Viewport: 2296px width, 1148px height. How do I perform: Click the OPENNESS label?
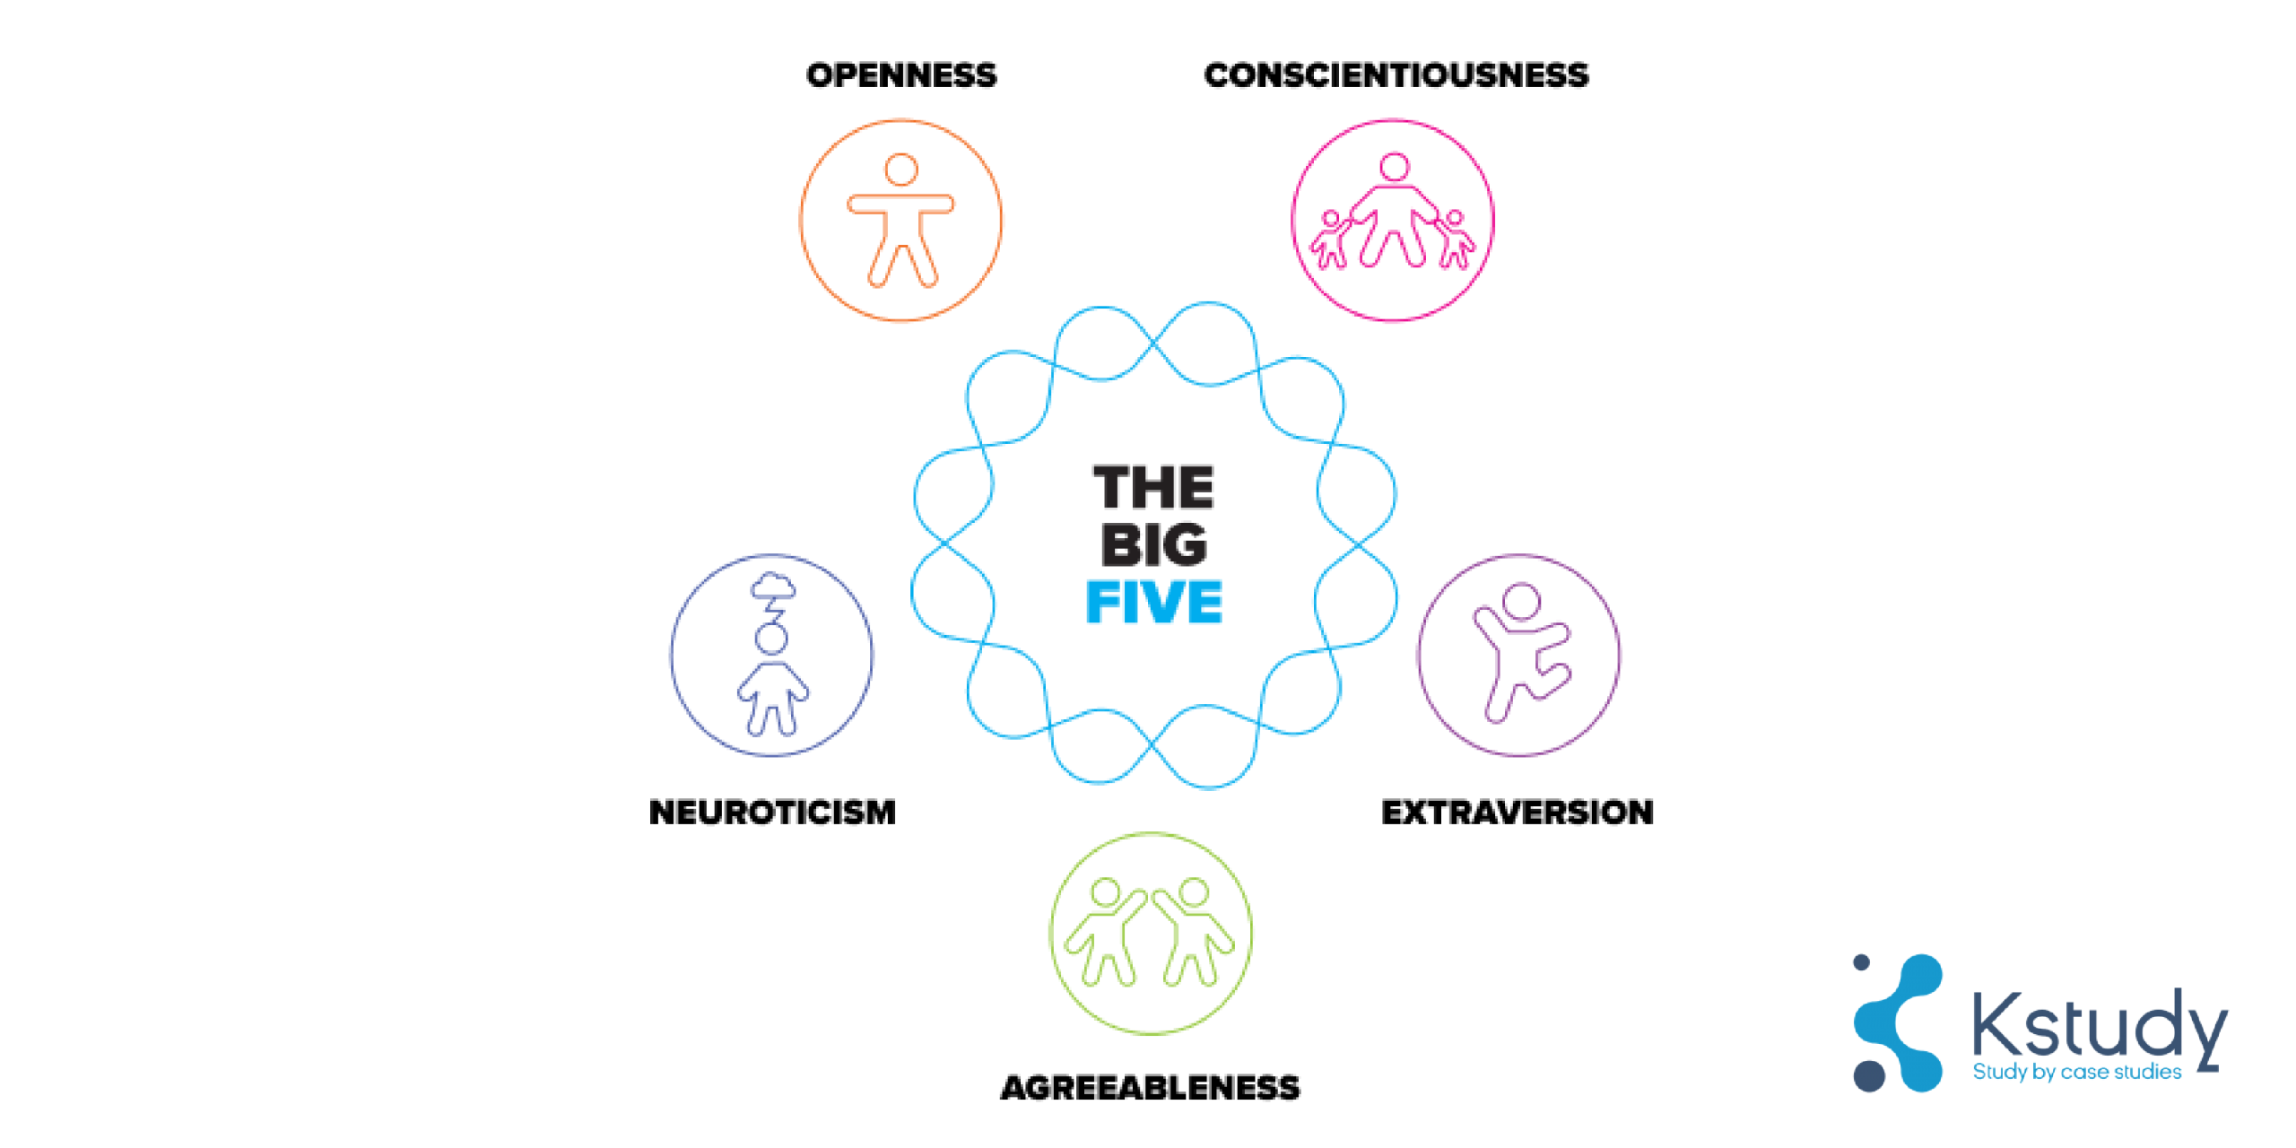point(900,75)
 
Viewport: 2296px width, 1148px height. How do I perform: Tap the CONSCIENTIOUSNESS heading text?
point(1396,75)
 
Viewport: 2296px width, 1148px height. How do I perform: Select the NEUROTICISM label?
point(772,813)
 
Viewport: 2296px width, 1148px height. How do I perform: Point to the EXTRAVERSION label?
point(1517,813)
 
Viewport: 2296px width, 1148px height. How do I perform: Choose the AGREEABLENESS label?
point(1150,1088)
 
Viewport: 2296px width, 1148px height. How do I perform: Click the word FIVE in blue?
point(1153,602)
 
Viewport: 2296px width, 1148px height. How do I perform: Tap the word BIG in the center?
point(1153,545)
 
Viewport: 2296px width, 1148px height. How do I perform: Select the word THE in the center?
point(1153,488)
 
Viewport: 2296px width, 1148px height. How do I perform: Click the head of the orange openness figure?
point(900,170)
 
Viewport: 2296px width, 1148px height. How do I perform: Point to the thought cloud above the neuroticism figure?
point(773,587)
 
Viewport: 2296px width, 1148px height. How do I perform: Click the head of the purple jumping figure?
point(1522,601)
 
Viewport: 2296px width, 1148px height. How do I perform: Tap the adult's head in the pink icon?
point(1395,167)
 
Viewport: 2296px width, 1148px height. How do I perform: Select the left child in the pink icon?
point(1330,240)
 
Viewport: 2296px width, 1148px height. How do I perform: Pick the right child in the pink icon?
point(1456,240)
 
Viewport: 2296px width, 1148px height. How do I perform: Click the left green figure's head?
point(1105,892)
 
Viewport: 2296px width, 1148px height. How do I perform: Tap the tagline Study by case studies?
point(2076,1072)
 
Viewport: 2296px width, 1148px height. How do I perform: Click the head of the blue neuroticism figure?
point(771,639)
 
